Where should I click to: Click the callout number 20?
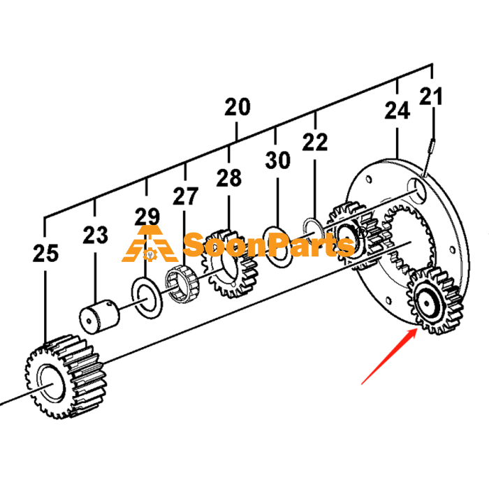(238, 107)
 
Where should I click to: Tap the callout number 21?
(431, 96)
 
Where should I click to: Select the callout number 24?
(397, 110)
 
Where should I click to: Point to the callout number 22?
(315, 142)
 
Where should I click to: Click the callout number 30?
(278, 160)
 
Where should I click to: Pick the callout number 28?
(229, 177)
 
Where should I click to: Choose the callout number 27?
(186, 196)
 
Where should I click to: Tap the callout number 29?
(147, 217)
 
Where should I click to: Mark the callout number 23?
(96, 235)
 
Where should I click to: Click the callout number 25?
(45, 253)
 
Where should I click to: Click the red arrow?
(389, 356)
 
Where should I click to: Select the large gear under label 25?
(66, 377)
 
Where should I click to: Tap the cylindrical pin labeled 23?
(99, 317)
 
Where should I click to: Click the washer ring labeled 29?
(147, 298)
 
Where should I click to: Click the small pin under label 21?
(428, 158)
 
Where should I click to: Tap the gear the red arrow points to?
(435, 301)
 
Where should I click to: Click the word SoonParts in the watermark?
(268, 245)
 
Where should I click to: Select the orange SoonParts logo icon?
(150, 244)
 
